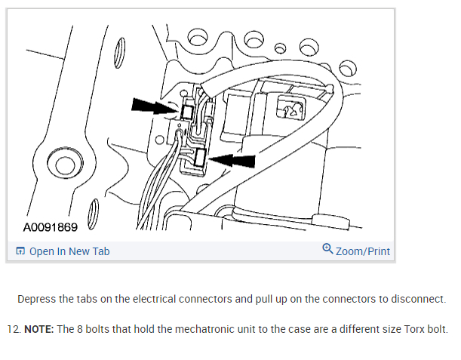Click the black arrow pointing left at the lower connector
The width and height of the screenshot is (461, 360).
click(x=233, y=159)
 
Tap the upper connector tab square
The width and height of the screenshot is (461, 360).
click(x=188, y=113)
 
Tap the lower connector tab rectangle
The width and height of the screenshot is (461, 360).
click(x=201, y=158)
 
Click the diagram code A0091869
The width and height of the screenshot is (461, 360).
click(x=51, y=226)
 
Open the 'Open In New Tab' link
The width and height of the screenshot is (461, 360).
click(x=69, y=251)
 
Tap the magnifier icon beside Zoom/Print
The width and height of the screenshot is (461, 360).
click(x=327, y=249)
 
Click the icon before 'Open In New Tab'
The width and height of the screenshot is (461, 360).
click(x=20, y=251)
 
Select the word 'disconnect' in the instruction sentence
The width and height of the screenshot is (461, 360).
click(x=419, y=299)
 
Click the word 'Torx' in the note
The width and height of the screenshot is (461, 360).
click(x=413, y=329)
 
